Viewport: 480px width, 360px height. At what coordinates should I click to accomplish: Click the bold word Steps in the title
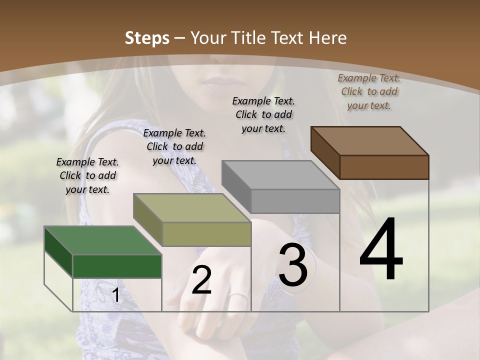146,38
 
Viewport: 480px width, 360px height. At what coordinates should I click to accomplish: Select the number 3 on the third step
293,265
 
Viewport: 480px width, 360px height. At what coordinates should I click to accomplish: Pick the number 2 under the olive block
201,280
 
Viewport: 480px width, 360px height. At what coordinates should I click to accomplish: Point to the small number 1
115,295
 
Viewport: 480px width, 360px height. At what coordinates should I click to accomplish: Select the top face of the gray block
280,175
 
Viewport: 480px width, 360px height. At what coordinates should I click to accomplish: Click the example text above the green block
87,175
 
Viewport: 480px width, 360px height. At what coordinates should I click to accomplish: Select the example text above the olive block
174,146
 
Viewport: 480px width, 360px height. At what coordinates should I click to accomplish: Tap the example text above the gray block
263,114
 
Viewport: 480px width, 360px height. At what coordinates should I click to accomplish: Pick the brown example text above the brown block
369,91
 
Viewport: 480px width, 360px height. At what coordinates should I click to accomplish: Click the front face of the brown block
384,167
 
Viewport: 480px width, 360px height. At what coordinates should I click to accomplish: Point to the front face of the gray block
295,201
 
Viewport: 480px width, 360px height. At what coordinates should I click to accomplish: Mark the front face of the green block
117,266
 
